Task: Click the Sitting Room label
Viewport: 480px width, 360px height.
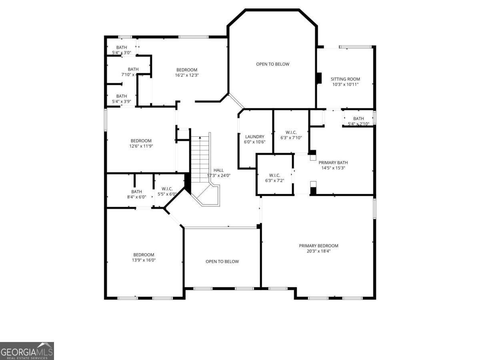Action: tap(345, 79)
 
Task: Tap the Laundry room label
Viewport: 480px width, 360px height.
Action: tap(254, 136)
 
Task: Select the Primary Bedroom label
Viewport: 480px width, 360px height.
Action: tap(318, 246)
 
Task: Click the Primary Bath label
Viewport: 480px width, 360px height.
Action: tap(333, 162)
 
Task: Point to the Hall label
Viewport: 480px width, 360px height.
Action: tap(218, 170)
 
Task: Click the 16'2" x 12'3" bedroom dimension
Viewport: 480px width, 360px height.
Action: tap(187, 75)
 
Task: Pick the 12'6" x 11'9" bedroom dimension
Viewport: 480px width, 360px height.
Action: tap(141, 146)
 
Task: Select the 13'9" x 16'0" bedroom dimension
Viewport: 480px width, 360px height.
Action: tap(144, 260)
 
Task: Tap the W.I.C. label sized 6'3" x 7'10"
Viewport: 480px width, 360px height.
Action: tap(291, 132)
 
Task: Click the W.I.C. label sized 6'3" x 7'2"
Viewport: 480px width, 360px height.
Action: tap(274, 175)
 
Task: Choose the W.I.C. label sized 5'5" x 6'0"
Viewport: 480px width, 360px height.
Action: tap(167, 189)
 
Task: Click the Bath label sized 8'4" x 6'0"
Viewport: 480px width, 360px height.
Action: tap(136, 192)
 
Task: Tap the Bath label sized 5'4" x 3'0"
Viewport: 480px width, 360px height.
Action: tap(122, 47)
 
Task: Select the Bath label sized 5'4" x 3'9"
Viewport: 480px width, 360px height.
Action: tap(122, 96)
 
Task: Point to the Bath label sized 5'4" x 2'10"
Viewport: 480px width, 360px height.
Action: tap(358, 118)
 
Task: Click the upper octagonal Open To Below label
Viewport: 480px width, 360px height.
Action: tap(272, 64)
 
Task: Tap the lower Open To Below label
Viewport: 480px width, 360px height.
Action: tap(222, 262)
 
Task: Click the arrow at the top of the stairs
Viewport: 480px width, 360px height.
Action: tap(200, 138)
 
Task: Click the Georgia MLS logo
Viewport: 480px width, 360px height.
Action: tap(27, 351)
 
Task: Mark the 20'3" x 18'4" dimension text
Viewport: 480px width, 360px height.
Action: tap(318, 251)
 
